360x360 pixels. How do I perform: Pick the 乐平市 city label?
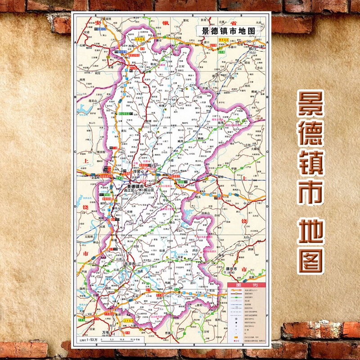pyautogui.click(x=129, y=264)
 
